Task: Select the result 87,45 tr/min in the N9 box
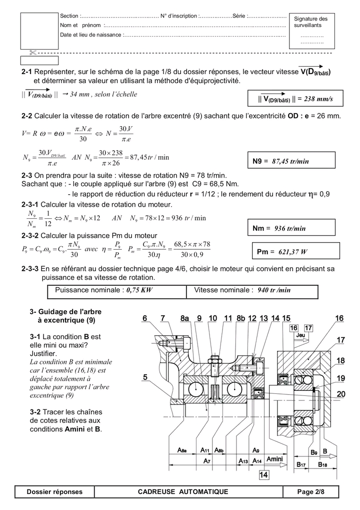coord(290,161)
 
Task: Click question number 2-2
coord(27,116)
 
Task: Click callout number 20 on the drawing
coord(340,394)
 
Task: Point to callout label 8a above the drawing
coord(184,318)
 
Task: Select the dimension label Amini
coord(275,458)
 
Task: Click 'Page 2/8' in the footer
coord(310,492)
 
